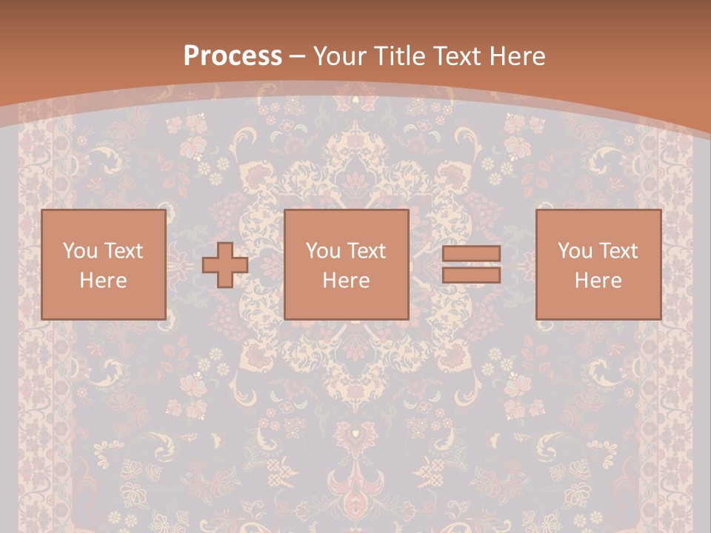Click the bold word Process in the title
(x=233, y=56)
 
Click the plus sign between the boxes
(x=225, y=265)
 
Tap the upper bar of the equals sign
(x=471, y=254)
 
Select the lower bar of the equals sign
(x=471, y=275)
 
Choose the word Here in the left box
(x=103, y=281)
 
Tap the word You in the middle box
(x=324, y=251)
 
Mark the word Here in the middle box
(x=346, y=281)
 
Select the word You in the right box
(x=575, y=251)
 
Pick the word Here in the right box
(x=598, y=281)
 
